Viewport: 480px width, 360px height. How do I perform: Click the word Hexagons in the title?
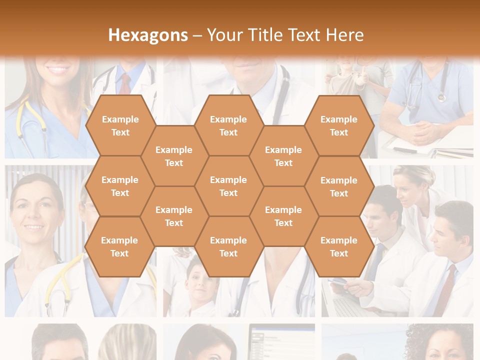[x=148, y=35]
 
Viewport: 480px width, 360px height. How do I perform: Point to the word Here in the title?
[x=344, y=35]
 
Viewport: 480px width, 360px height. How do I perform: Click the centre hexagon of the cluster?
[x=228, y=186]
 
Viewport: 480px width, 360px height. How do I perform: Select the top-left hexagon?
[x=120, y=125]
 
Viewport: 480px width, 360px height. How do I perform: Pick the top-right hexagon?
[x=339, y=125]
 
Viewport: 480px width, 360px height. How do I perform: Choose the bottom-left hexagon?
[x=119, y=246]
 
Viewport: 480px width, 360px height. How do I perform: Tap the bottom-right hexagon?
[x=339, y=246]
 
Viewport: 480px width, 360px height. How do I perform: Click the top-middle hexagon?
[x=228, y=125]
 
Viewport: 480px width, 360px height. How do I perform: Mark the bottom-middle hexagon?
[x=228, y=246]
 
